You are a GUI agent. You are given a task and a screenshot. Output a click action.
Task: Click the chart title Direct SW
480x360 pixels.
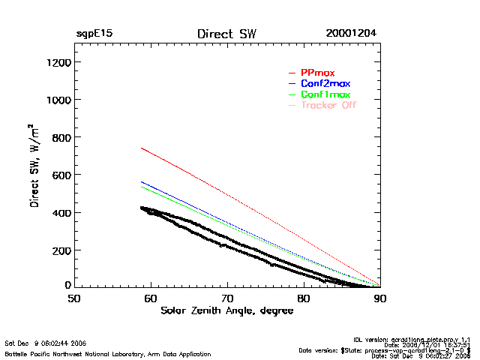coord(226,34)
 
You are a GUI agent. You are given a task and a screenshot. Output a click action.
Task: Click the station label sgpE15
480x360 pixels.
coord(94,34)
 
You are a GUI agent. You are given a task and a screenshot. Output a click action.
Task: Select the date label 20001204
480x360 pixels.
coord(351,34)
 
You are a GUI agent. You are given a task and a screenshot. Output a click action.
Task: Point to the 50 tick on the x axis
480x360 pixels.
coord(73,298)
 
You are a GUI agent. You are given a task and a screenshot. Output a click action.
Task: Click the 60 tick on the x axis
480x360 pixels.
coord(151,298)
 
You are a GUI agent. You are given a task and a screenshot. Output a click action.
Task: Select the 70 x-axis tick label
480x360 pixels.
coord(227,298)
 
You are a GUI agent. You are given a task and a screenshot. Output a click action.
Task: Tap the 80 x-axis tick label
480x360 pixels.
coord(304,298)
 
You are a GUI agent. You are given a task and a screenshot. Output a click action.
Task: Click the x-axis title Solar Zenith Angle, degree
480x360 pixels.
coord(226,310)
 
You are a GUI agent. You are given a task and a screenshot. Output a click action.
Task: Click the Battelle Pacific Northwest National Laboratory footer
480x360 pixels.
coord(107,353)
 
